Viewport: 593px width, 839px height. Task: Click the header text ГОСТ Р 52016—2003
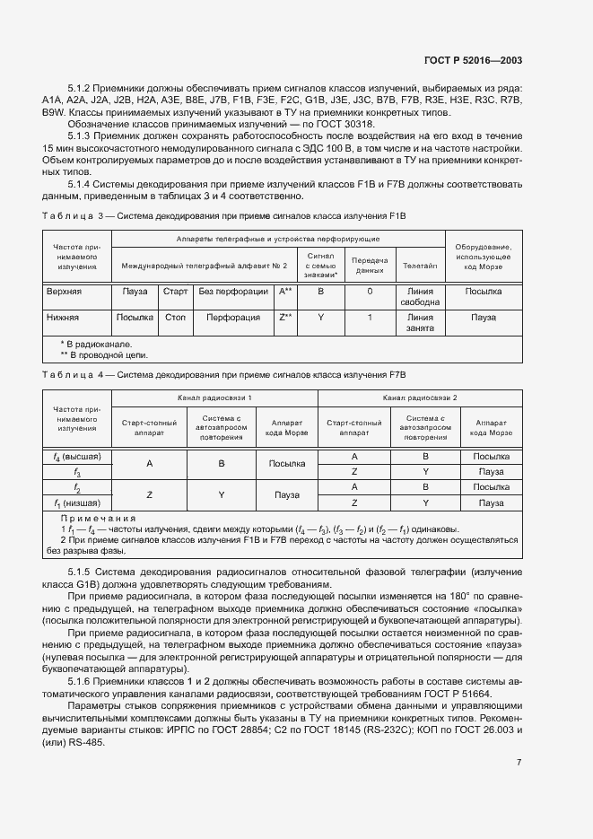473,60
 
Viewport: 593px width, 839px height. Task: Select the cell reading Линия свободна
420,297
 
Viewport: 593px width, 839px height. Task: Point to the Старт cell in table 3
174,292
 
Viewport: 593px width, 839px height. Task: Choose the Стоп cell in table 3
174,318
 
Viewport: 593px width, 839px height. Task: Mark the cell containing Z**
285,318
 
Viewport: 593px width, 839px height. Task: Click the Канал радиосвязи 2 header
420,397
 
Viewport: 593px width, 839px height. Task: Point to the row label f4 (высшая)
77,457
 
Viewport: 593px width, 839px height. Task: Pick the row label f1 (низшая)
77,503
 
